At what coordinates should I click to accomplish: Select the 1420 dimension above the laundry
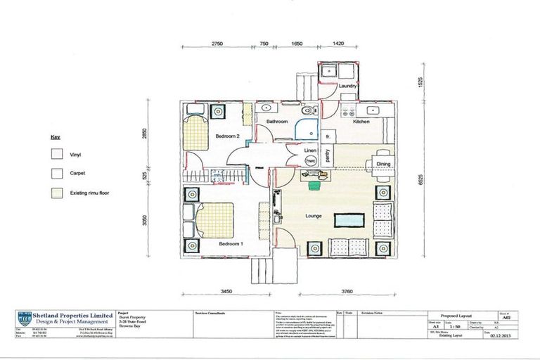[337, 43]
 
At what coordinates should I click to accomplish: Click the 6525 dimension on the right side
[420, 180]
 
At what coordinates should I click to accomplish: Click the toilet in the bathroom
[307, 112]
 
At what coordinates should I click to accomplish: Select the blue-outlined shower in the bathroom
[306, 130]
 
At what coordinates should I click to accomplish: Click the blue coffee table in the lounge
[349, 219]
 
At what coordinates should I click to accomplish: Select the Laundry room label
[348, 86]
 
